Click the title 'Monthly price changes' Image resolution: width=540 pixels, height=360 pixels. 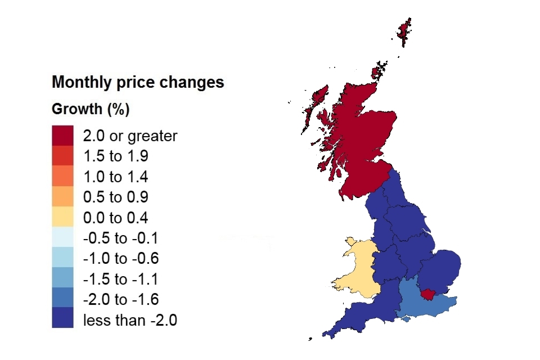[x=138, y=83]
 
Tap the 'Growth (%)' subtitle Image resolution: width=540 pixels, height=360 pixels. [x=91, y=109]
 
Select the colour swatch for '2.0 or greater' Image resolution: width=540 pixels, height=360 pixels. [x=62, y=136]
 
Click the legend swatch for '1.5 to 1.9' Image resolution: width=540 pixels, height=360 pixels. [x=62, y=156]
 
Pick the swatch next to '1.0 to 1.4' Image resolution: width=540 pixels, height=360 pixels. [x=62, y=177]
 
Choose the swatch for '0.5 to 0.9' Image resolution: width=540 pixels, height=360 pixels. [x=62, y=197]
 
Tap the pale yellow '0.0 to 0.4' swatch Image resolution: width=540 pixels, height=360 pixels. [x=62, y=217]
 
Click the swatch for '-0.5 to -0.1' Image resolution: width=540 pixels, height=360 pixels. [x=62, y=237]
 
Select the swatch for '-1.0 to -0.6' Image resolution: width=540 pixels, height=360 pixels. [x=62, y=258]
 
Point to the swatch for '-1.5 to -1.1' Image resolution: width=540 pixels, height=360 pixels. [x=62, y=278]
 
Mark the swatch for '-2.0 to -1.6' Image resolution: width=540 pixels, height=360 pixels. [x=62, y=298]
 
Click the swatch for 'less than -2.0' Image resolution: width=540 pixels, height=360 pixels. [x=62, y=318]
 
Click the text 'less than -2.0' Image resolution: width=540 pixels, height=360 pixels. [x=130, y=321]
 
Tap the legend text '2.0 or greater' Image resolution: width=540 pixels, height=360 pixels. [x=130, y=136]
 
